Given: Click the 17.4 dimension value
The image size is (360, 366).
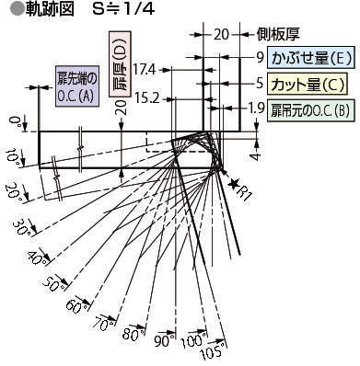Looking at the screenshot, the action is coord(145,70).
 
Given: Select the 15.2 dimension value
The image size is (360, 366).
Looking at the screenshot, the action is coord(147,98).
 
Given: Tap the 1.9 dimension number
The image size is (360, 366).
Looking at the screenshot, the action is coord(256,108).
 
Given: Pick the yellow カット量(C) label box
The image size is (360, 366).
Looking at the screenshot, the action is coord(307,84).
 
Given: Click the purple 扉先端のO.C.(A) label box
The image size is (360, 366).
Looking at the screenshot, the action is coord(77,86).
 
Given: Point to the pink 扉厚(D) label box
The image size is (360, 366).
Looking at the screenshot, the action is coord(121,64).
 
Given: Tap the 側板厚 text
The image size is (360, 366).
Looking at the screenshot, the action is coord(278,34).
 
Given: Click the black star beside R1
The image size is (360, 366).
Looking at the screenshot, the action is coord(234,184).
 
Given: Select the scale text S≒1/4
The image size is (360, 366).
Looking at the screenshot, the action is coord(123,10).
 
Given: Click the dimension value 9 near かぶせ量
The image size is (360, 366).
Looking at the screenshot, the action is coord(261,57).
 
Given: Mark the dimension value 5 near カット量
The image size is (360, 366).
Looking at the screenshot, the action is coord(260,83).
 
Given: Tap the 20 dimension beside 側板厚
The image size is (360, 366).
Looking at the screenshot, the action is coord(221,34).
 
